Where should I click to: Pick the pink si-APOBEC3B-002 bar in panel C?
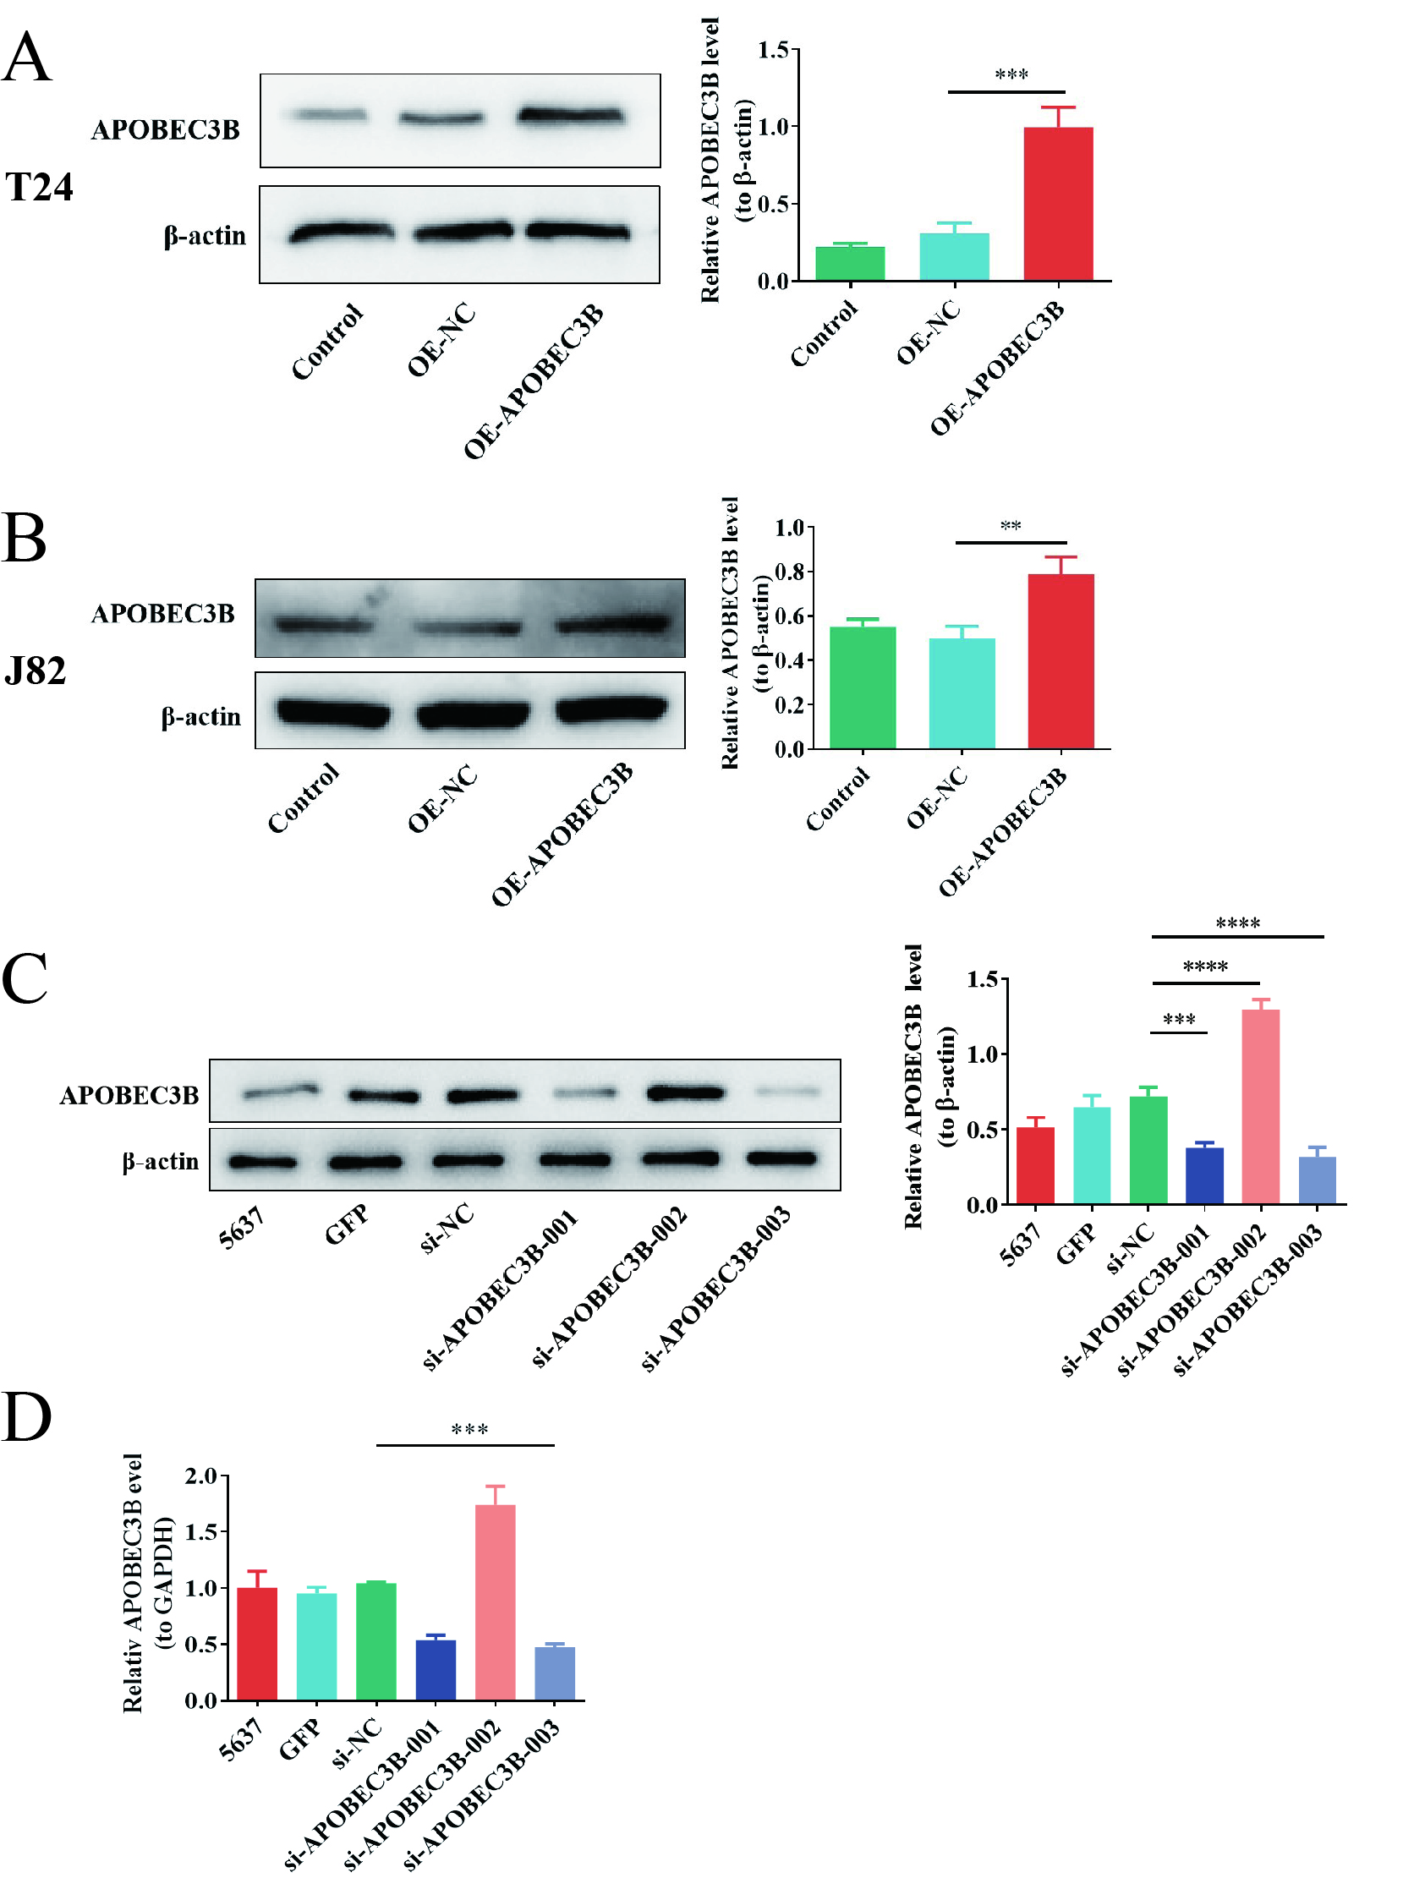(1260, 1107)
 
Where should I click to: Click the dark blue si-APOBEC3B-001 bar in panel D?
(436, 1669)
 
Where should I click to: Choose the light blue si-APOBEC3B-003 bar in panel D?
(554, 1673)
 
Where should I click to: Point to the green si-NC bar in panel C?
(1148, 1150)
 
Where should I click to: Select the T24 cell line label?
(39, 187)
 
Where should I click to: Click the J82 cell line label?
(35, 671)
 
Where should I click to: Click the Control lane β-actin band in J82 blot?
(333, 710)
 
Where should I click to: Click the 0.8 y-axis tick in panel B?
(789, 572)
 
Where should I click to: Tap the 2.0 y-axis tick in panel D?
(200, 1476)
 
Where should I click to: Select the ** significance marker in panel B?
(1010, 526)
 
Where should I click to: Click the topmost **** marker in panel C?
(1237, 923)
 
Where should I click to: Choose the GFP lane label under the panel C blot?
(347, 1224)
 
